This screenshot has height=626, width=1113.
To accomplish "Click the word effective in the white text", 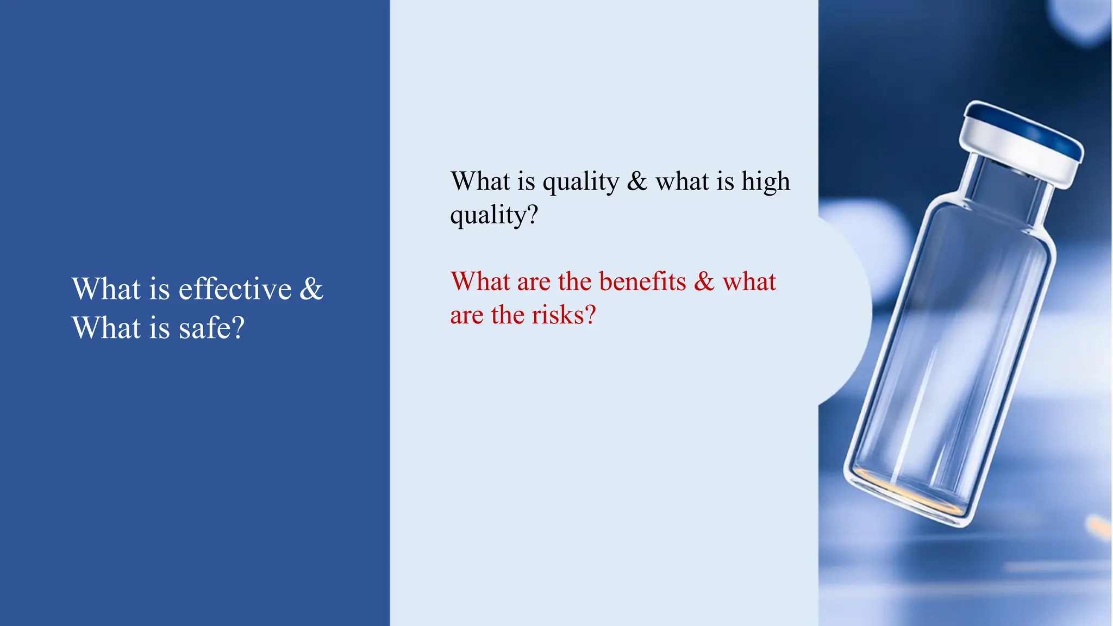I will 235,289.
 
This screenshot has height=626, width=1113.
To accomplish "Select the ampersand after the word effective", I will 311,289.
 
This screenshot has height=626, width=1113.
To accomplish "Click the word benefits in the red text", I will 642,281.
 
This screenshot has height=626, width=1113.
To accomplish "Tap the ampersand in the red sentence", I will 704,281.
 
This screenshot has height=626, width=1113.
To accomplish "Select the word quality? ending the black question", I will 494,215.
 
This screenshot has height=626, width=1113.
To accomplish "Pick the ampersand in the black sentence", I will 637,181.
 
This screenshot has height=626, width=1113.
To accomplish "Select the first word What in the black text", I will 481,181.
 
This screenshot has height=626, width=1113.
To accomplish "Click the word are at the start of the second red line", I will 466,315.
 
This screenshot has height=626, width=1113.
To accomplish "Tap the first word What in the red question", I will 480,281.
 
